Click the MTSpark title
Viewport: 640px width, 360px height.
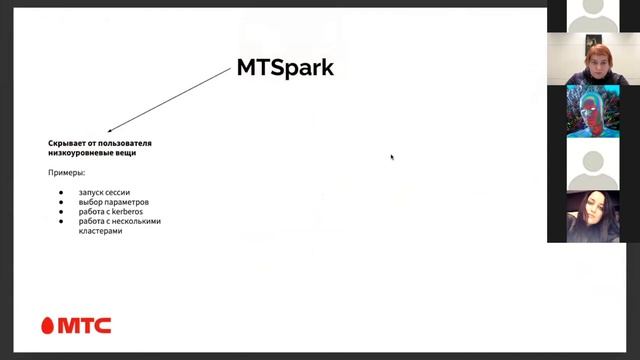tap(285, 67)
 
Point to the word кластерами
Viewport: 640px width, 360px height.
tap(100, 231)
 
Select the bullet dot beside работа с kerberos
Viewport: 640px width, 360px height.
tap(60, 212)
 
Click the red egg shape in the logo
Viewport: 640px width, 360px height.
tap(48, 325)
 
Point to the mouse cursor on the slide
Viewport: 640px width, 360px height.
tap(391, 156)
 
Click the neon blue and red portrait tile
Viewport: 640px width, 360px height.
tap(593, 111)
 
